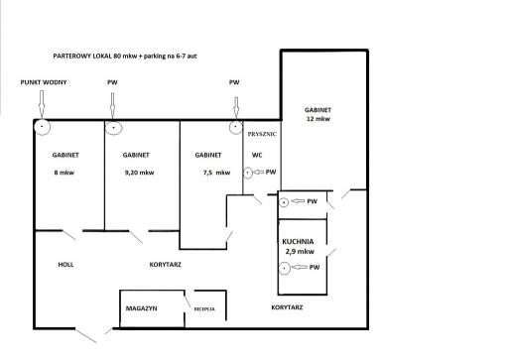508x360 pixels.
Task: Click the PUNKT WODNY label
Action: pos(44,82)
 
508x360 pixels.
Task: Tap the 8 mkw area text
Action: pos(64,173)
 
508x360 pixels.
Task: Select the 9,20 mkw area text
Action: pos(139,173)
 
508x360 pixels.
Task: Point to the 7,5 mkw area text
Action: pos(216,173)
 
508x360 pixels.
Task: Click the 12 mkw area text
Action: pos(318,119)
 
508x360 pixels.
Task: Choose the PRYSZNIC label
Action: pos(262,134)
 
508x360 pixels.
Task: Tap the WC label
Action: pos(257,155)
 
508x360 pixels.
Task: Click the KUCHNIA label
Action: pos(298,241)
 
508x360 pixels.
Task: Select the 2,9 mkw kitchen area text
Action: pos(300,252)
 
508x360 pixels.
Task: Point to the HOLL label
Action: pos(65,265)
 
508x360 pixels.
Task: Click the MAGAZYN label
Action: pos(141,308)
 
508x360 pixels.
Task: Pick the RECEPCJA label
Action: pos(204,309)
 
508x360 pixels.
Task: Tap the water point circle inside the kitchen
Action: pos(285,268)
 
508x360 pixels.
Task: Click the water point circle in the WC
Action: pos(248,173)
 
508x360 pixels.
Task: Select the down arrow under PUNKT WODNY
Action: pos(42,104)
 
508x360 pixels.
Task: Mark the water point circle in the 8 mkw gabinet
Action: pos(42,127)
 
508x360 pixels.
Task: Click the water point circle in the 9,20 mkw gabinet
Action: pos(114,127)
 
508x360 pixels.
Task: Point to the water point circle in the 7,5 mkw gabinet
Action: pos(236,127)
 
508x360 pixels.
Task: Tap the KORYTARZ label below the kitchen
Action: pos(287,307)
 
